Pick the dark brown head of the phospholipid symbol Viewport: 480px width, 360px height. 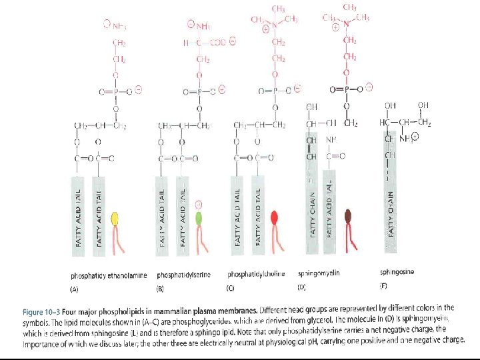(x=349, y=215)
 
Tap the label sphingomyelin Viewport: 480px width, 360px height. (x=320, y=273)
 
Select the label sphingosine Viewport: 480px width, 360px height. (x=398, y=272)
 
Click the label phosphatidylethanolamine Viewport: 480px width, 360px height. (x=109, y=275)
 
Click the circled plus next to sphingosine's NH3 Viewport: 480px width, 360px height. (x=415, y=137)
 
